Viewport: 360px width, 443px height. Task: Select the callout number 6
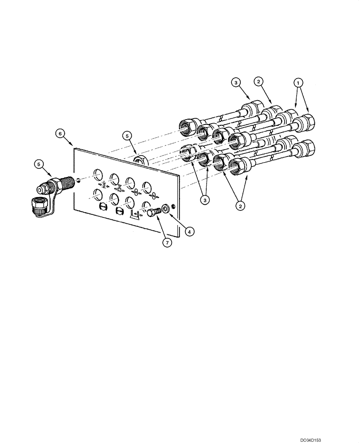point(60,132)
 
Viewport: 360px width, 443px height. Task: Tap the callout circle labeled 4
point(189,230)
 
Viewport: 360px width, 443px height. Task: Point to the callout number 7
point(167,242)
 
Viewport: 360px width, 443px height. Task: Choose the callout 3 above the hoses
point(236,82)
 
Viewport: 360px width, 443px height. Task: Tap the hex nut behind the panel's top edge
point(141,159)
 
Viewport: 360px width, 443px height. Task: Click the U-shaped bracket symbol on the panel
point(135,215)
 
